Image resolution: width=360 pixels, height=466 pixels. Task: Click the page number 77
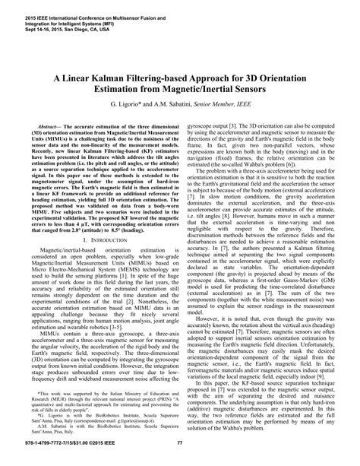coord(180,443)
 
